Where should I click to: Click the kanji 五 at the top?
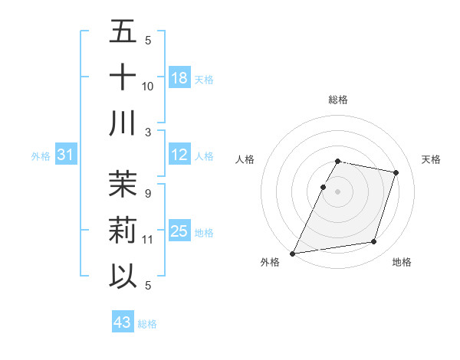[123, 32]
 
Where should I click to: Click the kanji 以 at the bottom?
[123, 275]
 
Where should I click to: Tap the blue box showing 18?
[179, 78]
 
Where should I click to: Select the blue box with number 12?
[179, 155]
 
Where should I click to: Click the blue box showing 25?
[179, 231]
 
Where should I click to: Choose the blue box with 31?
[66, 155]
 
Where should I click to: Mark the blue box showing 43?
[123, 322]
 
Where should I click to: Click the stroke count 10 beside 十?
[148, 86]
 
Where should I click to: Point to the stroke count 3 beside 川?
[148, 132]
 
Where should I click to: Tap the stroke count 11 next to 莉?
[148, 239]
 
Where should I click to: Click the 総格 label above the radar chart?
[338, 100]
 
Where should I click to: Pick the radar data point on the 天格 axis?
[396, 172]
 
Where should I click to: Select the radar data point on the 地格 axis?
[374, 242]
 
